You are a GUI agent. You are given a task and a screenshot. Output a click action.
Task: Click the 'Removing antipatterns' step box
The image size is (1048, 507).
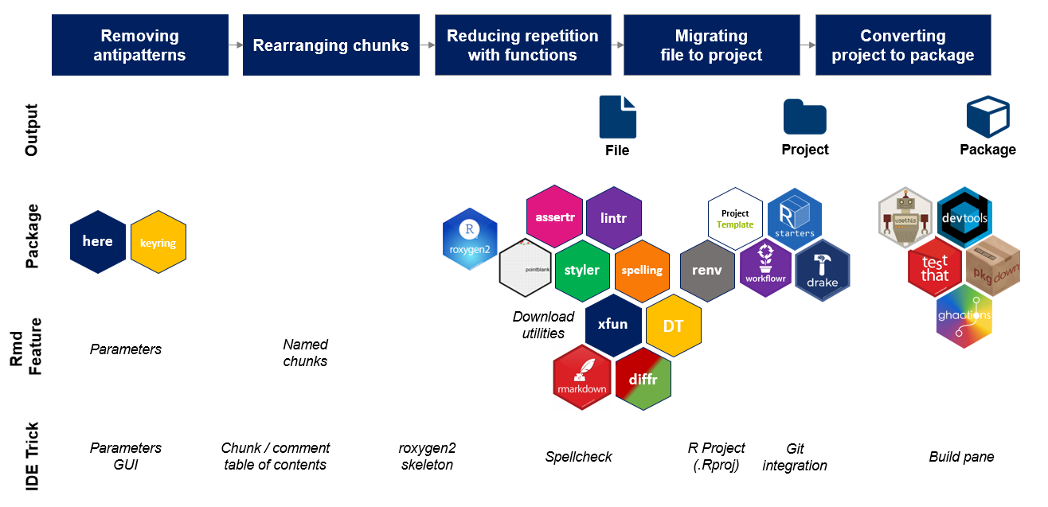(139, 45)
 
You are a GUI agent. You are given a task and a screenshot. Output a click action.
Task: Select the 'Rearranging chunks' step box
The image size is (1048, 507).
(330, 45)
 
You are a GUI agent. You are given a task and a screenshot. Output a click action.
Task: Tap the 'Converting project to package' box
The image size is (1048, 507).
(902, 45)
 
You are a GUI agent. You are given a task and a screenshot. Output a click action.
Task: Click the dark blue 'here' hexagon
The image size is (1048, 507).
(98, 241)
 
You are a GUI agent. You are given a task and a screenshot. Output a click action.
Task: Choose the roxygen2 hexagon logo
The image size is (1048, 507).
(470, 240)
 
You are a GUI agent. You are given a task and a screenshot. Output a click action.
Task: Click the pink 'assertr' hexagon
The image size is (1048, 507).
(555, 216)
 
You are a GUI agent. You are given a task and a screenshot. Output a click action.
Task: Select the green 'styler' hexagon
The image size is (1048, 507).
(582, 270)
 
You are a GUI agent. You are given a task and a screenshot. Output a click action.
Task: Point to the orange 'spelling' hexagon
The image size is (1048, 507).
(642, 270)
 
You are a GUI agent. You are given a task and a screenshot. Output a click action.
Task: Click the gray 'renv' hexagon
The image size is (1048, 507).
(707, 270)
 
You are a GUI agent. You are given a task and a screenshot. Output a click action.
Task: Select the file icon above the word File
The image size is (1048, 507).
(617, 117)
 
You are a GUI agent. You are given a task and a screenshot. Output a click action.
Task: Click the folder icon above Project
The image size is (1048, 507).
(804, 117)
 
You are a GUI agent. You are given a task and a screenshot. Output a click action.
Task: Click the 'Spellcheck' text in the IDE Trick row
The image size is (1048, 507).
(579, 457)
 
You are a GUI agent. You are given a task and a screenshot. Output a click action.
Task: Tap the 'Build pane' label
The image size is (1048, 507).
(961, 457)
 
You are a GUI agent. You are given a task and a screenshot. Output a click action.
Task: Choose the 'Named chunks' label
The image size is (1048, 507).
(306, 353)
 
